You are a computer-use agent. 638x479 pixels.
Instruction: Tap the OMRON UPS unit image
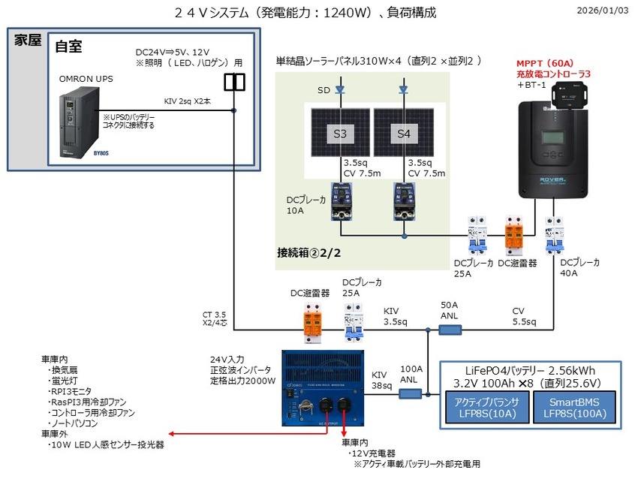click(79, 120)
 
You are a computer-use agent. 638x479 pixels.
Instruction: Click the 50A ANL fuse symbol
click(450, 328)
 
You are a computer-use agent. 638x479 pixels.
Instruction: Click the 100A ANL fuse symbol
click(410, 393)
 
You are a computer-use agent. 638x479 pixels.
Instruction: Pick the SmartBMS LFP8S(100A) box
click(573, 407)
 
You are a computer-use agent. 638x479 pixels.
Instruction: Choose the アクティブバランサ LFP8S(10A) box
click(486, 407)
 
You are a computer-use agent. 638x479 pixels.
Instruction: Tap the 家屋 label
click(27, 41)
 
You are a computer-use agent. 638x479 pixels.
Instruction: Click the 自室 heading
click(68, 46)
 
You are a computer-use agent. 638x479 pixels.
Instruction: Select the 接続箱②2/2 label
click(308, 253)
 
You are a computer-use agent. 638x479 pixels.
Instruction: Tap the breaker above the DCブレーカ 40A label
click(555, 235)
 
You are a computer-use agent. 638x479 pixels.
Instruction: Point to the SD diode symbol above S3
click(339, 89)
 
